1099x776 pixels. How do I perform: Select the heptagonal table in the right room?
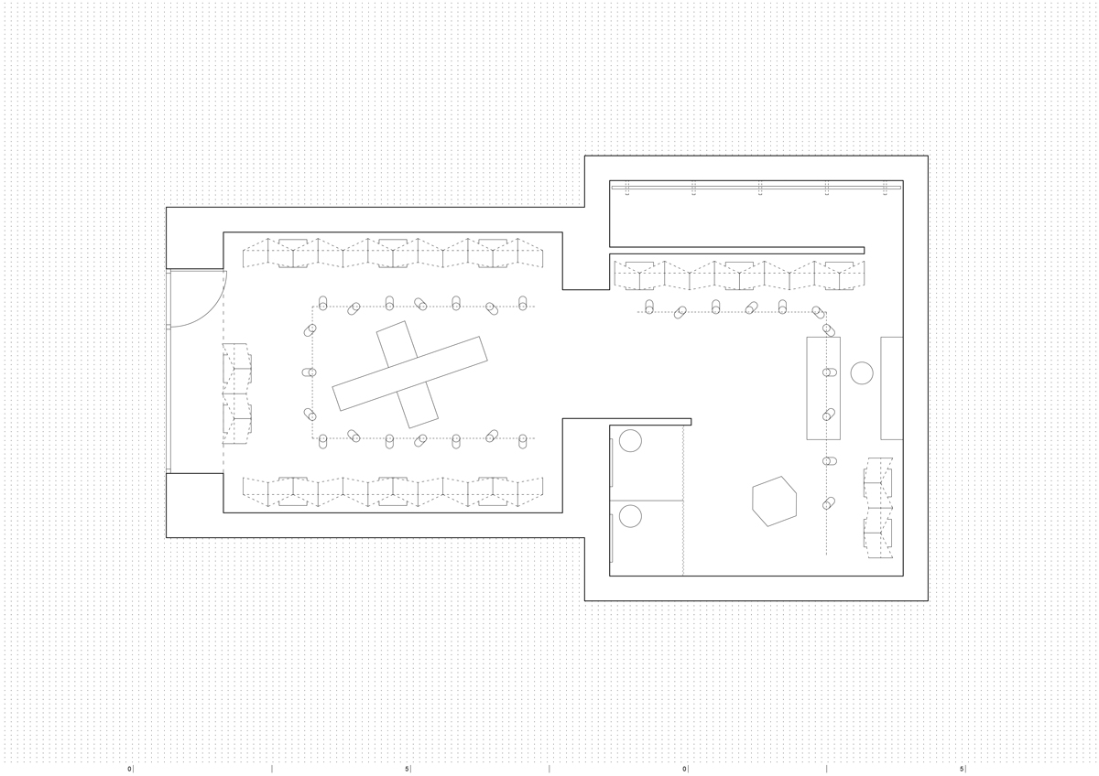click(774, 501)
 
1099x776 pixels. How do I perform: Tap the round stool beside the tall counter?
click(862, 372)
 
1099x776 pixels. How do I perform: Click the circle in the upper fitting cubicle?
click(630, 441)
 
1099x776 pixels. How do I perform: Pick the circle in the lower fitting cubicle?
click(630, 516)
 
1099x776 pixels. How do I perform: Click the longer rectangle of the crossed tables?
click(409, 373)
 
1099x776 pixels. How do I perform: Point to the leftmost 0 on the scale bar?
click(129, 769)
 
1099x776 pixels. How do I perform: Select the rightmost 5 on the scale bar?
click(962, 769)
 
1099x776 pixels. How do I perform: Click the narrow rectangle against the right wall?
click(891, 388)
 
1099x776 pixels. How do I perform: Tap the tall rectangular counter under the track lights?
click(823, 388)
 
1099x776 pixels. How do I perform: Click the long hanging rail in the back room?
click(756, 188)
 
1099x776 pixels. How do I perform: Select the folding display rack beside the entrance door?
click(237, 394)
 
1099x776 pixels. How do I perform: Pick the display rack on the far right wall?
click(878, 508)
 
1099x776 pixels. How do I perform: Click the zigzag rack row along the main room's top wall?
click(393, 253)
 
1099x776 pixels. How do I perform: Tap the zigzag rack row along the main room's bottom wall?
click(393, 491)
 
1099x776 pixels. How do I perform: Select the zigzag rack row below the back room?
click(739, 275)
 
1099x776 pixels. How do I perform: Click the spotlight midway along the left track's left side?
click(310, 372)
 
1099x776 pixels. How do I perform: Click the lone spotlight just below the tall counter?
click(829, 461)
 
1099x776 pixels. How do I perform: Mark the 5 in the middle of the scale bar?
click(407, 769)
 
